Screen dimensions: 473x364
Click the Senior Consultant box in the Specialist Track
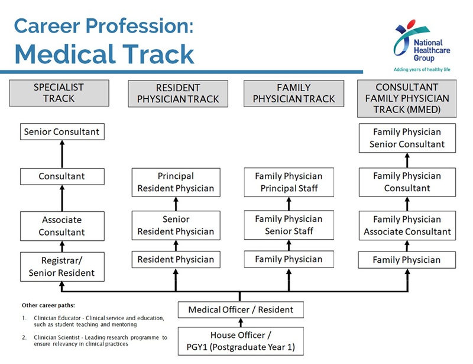click(62, 132)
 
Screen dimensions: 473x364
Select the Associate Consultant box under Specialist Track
click(62, 226)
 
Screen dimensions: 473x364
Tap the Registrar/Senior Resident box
click(62, 267)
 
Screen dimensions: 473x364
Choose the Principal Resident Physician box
click(176, 182)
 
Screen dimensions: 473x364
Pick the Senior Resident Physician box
click(176, 226)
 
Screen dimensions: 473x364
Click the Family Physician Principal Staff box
click(289, 182)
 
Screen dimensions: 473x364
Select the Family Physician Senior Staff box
click(289, 225)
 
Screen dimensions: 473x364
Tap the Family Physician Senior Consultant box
click(407, 138)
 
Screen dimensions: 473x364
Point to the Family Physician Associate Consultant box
click(407, 226)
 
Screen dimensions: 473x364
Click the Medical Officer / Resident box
click(241, 310)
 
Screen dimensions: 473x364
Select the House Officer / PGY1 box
click(241, 341)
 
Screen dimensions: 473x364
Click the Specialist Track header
click(59, 93)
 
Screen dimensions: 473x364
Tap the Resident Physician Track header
click(178, 94)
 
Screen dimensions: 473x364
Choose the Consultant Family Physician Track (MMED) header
click(407, 98)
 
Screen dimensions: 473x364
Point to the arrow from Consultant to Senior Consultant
click(62, 154)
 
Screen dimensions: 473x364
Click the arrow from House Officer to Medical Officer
click(241, 323)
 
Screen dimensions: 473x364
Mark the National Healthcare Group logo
click(422, 46)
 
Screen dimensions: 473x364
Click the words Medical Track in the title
click(105, 54)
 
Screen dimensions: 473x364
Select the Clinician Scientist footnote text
click(101, 340)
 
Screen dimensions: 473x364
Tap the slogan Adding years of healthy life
click(422, 69)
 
